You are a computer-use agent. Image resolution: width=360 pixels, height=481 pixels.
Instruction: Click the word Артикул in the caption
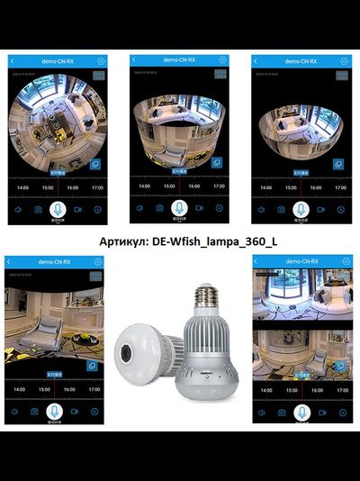tap(121, 241)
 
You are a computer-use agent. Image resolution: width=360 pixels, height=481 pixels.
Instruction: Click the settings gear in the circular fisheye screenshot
tap(101, 60)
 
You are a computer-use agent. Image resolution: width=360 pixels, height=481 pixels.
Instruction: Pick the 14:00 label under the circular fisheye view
tap(20, 188)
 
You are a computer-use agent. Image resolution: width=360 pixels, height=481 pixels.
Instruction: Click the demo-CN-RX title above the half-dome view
tap(301, 61)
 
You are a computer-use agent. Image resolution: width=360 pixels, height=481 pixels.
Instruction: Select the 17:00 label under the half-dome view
tap(340, 188)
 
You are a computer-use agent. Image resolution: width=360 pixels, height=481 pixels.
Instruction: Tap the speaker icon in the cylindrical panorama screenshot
tap(139, 208)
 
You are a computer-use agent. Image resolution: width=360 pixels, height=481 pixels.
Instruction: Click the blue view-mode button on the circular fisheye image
tap(94, 164)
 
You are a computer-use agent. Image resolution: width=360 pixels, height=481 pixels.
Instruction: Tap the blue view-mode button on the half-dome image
tap(337, 164)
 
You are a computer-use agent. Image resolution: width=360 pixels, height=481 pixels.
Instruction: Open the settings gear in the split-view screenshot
tap(345, 262)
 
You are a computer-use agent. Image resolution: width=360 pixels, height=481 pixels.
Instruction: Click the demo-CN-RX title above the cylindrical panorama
tap(179, 60)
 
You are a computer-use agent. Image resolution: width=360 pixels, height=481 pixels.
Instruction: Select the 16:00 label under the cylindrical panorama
tap(193, 187)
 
